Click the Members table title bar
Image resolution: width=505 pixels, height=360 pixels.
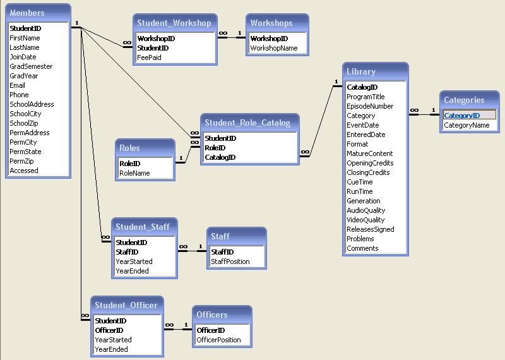[38, 13]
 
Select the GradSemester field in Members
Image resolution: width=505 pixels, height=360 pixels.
[31, 66]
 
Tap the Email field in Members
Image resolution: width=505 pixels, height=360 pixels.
[18, 85]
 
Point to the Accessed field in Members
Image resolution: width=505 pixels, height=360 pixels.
[24, 171]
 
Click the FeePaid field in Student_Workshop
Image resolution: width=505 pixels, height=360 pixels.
[149, 57]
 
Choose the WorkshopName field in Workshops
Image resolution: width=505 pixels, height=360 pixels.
[274, 48]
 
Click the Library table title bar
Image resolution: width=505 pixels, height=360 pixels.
[376, 72]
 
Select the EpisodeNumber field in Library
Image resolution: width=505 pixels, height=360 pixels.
[370, 106]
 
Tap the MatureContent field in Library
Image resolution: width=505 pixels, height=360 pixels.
[370, 153]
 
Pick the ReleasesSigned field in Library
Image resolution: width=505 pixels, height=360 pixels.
[371, 229]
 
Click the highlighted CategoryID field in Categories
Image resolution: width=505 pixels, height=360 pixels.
[462, 116]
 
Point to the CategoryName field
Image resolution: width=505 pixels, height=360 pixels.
[466, 125]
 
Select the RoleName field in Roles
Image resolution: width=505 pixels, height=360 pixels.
[134, 173]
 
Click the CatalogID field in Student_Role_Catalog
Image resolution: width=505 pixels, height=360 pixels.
[220, 157]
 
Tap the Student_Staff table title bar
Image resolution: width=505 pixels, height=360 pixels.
[143, 227]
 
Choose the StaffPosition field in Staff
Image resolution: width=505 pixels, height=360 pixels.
[230, 261]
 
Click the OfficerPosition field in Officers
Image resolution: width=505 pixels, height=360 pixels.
[219, 340]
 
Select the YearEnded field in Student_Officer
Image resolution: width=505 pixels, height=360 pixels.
[111, 349]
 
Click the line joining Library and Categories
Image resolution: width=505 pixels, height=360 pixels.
[424, 114]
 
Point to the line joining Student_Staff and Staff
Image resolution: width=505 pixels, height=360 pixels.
[193, 251]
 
